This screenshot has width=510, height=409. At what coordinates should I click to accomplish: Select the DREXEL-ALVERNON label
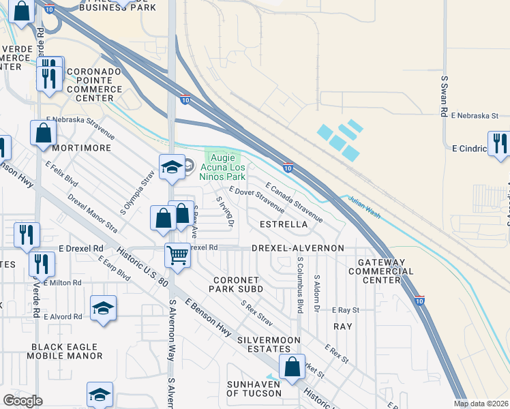click(298, 247)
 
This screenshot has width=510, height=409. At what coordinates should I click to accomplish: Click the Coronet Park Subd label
click(238, 284)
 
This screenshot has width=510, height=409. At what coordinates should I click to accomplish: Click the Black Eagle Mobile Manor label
click(66, 351)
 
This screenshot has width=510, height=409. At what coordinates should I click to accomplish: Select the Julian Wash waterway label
click(363, 202)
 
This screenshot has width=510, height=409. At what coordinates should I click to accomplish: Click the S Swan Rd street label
click(444, 96)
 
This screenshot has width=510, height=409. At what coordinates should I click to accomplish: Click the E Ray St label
click(346, 309)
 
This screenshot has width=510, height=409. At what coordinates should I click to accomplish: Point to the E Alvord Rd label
click(63, 316)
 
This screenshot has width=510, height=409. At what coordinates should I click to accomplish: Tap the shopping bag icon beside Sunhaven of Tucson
click(292, 366)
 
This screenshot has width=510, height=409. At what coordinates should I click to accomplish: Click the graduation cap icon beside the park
click(172, 167)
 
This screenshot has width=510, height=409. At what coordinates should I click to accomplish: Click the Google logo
click(22, 401)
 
